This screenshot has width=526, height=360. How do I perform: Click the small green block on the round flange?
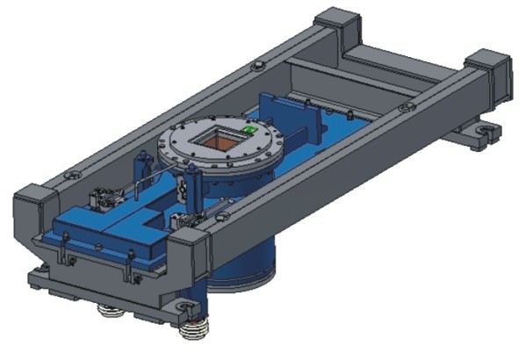point(250,129)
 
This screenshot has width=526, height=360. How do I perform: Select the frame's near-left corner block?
point(32,198)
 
